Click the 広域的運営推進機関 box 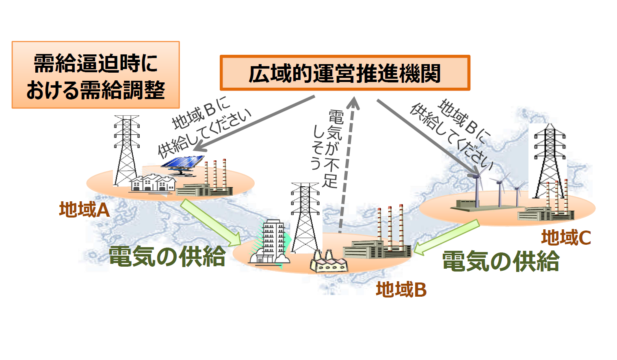coord(345,73)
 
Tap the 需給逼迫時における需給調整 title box coord(96,75)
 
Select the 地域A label coord(84,209)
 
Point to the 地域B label coord(401,289)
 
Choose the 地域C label coord(566,237)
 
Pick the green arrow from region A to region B coord(211,222)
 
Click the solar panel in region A coord(182,165)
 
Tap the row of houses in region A coord(153,183)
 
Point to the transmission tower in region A coord(127,151)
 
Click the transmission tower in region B coord(305,218)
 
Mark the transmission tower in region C coord(550,161)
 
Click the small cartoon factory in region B coord(329,261)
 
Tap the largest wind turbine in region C coord(476,187)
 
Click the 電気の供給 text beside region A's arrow coord(167,257)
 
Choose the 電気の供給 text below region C coord(501,261)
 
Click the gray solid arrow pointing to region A coord(254,123)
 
